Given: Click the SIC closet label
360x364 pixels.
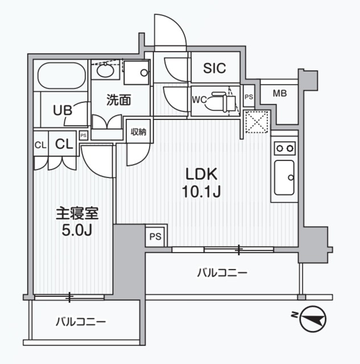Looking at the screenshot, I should point(215,69).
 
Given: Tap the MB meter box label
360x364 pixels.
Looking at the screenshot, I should point(280,94).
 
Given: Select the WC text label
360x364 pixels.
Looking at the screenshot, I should point(200,100).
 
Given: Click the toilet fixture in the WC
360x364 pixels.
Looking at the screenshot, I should point(222,101).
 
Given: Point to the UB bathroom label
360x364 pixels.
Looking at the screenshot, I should point(63,110).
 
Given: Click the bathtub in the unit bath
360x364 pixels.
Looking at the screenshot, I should point(62,76).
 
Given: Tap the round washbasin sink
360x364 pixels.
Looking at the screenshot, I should point(105,72).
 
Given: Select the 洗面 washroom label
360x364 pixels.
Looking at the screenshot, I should point(119,101).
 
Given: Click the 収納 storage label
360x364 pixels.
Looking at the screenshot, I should point(139,132).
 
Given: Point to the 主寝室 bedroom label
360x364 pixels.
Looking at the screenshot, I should point(77,214).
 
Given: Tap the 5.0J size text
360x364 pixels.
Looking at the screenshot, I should point(77,232).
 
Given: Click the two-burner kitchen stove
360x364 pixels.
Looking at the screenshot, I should point(284,148).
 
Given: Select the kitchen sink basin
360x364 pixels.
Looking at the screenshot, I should point(284,177).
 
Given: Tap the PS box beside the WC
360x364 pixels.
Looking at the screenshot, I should point(249,97).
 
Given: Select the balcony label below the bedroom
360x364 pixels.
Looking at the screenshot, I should point(81,322).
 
